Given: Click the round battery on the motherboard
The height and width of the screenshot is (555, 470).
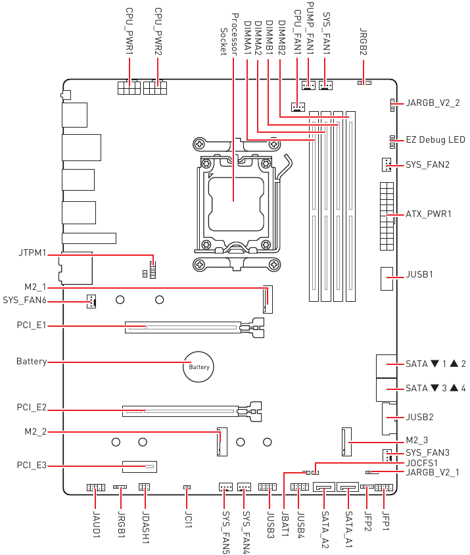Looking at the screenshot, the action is pyautogui.click(x=199, y=367).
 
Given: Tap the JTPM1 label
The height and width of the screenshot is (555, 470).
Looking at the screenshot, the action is pyautogui.click(x=32, y=253).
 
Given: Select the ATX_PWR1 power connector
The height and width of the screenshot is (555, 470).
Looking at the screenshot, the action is pyautogui.click(x=387, y=216).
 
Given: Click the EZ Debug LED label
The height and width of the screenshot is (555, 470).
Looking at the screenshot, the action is pyautogui.click(x=435, y=140).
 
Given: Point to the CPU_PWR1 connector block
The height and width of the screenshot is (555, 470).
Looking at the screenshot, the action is pyautogui.click(x=129, y=87).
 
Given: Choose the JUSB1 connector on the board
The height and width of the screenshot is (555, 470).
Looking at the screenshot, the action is pyautogui.click(x=387, y=279).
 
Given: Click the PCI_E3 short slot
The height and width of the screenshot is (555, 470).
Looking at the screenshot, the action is pyautogui.click(x=139, y=466).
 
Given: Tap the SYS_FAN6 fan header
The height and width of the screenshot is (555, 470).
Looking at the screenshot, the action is pyautogui.click(x=91, y=301).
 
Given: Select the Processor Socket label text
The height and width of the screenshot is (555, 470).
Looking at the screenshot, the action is pyautogui.click(x=229, y=34).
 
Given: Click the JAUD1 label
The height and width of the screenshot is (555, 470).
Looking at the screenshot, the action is pyautogui.click(x=96, y=524).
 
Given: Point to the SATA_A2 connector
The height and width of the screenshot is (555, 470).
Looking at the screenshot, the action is pyautogui.click(x=324, y=487).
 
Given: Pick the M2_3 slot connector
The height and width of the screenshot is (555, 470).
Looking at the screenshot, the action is pyautogui.click(x=347, y=442).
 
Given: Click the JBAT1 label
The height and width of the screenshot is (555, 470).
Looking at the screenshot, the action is pyautogui.click(x=285, y=524).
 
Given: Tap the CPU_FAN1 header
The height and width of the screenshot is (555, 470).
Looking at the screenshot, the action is pyautogui.click(x=298, y=107).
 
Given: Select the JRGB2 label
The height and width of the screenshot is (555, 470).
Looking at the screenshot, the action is pyautogui.click(x=363, y=42).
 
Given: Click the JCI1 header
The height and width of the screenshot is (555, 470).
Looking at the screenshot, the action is pyautogui.click(x=187, y=487).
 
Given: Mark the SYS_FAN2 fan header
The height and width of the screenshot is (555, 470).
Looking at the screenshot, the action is pyautogui.click(x=387, y=164).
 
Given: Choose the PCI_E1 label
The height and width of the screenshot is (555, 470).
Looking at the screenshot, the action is pyautogui.click(x=32, y=326).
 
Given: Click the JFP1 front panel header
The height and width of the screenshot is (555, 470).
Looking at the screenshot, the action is pyautogui.click(x=384, y=487).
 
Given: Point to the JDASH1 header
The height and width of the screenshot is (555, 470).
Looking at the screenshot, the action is pyautogui.click(x=144, y=487).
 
